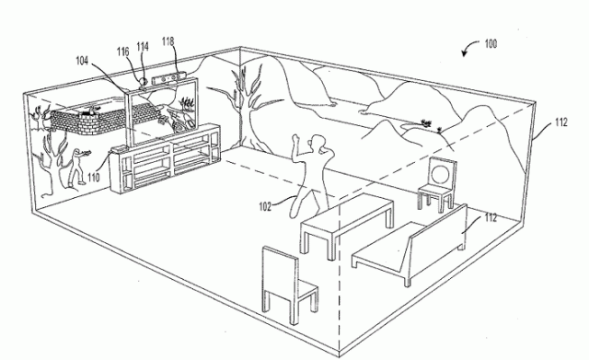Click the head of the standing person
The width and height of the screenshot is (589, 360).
tap(318, 144)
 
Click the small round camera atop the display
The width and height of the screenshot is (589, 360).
tap(142, 82)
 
